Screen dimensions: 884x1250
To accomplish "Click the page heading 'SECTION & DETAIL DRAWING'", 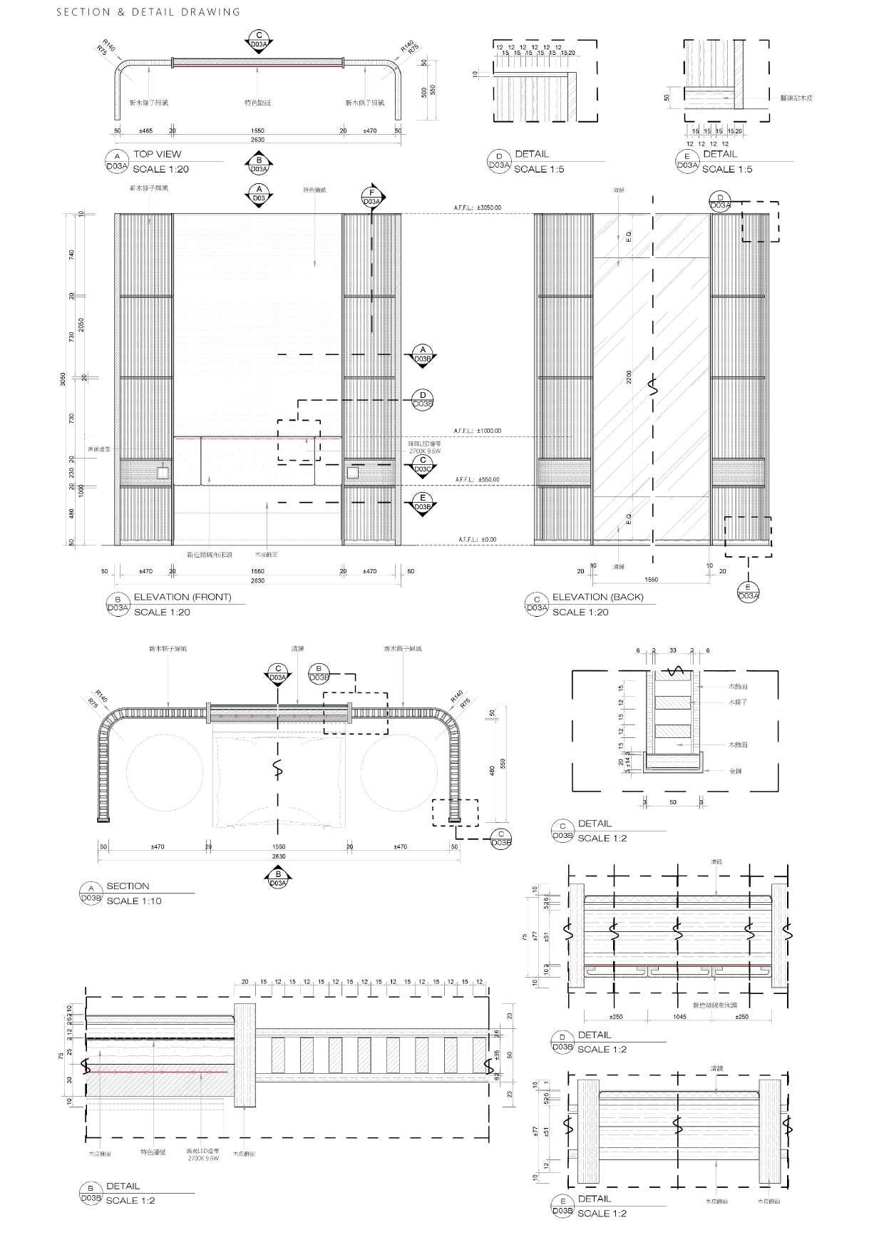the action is tap(148, 12).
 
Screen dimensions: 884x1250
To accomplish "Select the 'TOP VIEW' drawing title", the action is tap(157, 154).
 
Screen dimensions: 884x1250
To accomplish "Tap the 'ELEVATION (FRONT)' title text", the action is tap(183, 597).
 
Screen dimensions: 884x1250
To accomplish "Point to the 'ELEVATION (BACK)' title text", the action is tap(597, 597).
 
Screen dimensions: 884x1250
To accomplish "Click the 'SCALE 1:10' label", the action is tap(134, 901).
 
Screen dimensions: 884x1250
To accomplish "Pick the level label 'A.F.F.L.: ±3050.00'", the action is tap(477, 208).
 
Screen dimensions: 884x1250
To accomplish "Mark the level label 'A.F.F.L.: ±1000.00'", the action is tap(477, 431).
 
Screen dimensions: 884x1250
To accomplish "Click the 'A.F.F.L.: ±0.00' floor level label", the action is tap(477, 540).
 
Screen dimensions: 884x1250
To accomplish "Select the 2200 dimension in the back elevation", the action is tap(628, 376).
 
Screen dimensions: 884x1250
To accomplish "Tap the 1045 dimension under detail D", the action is tap(679, 1017).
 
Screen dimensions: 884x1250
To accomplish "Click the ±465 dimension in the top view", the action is tap(145, 131).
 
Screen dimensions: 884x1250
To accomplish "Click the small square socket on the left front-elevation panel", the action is tap(163, 472).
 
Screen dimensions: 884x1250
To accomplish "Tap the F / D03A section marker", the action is tap(371, 198).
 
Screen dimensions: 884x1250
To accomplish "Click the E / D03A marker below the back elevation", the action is tap(748, 592).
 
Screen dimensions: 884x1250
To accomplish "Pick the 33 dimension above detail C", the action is tap(673, 650).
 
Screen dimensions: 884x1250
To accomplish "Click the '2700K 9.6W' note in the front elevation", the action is tap(425, 451).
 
